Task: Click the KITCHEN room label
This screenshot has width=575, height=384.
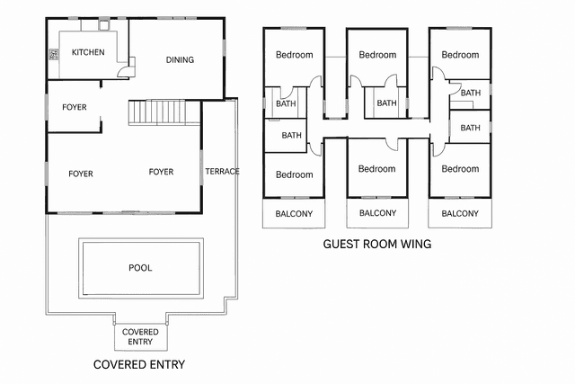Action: point(88,52)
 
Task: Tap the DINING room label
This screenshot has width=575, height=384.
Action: point(180,60)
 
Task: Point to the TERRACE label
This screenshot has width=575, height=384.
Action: point(222,172)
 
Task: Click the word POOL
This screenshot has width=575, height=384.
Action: point(140,267)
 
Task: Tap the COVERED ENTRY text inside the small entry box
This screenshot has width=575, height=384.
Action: point(140,336)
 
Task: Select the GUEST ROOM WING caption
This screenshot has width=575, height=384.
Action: point(377,244)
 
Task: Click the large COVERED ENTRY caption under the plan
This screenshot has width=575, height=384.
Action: point(139,364)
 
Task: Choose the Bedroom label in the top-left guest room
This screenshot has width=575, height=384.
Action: point(294,55)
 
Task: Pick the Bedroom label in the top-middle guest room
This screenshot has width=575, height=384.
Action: point(377,55)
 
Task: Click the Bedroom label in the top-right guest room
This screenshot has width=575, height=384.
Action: point(461,55)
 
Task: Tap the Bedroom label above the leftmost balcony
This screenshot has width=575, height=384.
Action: point(294,174)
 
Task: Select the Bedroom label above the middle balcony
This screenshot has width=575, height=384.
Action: point(376,169)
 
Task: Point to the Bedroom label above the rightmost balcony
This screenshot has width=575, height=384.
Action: point(460,169)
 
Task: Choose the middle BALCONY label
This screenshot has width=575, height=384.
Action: point(377,213)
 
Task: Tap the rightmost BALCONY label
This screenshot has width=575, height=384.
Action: point(460,213)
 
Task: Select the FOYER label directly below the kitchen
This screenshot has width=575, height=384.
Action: point(75,107)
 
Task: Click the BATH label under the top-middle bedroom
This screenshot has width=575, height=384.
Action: point(386,103)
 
